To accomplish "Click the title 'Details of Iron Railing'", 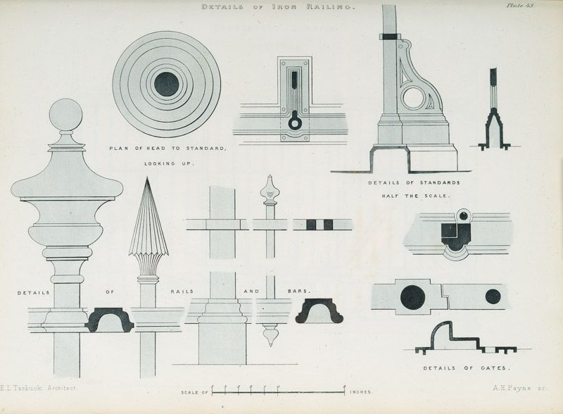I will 279,7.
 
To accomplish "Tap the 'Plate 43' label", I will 520,6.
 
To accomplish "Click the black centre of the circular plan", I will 167,84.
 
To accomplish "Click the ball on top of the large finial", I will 65,115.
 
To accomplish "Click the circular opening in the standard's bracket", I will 413,98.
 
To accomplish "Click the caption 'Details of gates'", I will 457,368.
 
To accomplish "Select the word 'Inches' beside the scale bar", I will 361,391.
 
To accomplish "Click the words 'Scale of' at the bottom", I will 194,391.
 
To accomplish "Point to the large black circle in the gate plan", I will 413,298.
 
